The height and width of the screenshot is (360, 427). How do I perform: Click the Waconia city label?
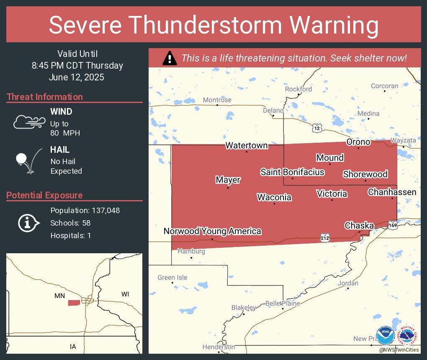(274, 197)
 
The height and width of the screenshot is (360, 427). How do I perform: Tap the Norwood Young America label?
(212, 231)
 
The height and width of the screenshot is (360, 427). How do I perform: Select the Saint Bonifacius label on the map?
(292, 172)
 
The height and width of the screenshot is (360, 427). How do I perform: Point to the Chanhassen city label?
(392, 192)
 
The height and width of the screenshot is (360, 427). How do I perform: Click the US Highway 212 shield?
(326, 237)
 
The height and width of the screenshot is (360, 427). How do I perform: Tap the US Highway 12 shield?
(317, 129)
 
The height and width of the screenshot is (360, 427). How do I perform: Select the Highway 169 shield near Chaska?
(392, 225)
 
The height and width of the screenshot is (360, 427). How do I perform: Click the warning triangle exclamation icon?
(170, 58)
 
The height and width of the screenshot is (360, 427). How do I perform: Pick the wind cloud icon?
(29, 122)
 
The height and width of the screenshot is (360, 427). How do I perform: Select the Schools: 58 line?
(70, 223)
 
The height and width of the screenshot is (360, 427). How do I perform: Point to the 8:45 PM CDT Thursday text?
(77, 66)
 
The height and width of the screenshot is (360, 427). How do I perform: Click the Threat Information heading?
(45, 97)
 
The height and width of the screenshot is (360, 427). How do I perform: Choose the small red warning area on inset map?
(74, 303)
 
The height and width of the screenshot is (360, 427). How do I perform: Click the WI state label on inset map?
(125, 294)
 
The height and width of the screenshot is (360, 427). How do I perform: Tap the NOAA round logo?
(385, 336)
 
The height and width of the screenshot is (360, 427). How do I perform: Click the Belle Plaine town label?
(283, 303)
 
